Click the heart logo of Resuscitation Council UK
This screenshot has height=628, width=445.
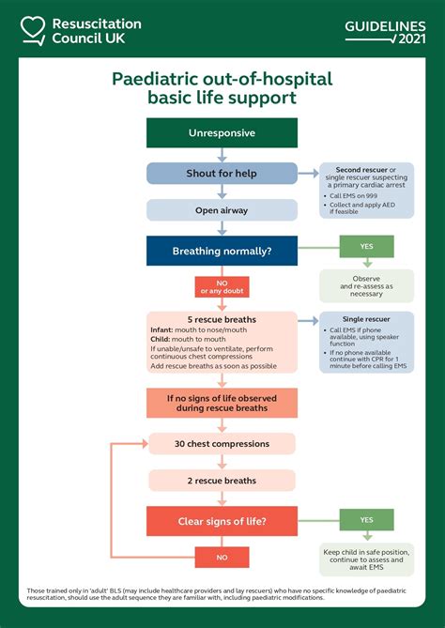pyautogui.click(x=34, y=30)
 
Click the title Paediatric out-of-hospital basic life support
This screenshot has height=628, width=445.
pyautogui.click(x=222, y=88)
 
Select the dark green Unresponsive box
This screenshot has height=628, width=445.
pyautogui.click(x=222, y=133)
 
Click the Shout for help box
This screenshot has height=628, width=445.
pyautogui.click(x=222, y=173)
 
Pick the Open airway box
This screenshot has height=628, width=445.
pyautogui.click(x=222, y=210)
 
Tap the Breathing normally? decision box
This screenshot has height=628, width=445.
pyautogui.click(x=222, y=251)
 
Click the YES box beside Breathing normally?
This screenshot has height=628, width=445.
pyautogui.click(x=366, y=246)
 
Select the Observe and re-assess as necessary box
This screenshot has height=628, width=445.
pyautogui.click(x=366, y=286)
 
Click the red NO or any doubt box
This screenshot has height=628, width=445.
pyautogui.click(x=222, y=286)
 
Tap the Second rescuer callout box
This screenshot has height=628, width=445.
pyautogui.click(x=366, y=191)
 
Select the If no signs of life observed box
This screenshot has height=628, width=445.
pyautogui.click(x=222, y=403)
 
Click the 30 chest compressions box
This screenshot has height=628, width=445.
pyautogui.click(x=222, y=444)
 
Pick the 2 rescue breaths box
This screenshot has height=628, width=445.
pyautogui.click(x=222, y=481)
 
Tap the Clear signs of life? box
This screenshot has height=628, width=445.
pyautogui.click(x=222, y=521)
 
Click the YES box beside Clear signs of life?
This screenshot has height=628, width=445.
pyautogui.click(x=366, y=520)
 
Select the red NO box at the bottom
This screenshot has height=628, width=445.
pyautogui.click(x=222, y=558)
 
